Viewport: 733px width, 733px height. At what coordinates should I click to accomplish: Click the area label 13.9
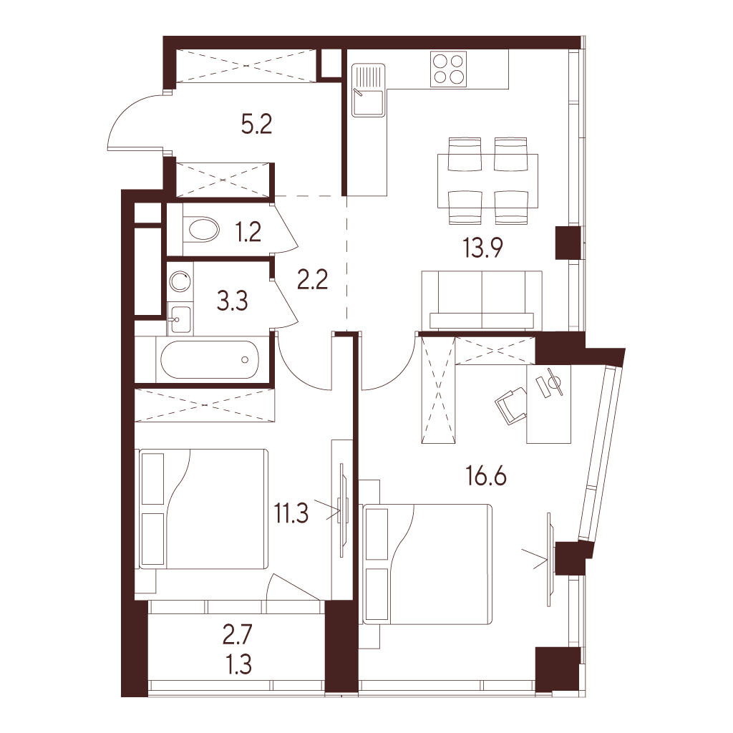click(x=482, y=248)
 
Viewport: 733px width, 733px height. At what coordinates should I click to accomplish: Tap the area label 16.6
click(x=486, y=476)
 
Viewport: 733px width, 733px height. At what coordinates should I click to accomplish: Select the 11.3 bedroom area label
click(x=291, y=513)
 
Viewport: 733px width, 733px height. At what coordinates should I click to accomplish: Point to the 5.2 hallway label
click(x=257, y=125)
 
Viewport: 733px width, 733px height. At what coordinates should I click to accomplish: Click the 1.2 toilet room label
click(x=248, y=231)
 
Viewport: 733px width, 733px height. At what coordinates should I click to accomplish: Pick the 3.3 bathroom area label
click(x=233, y=301)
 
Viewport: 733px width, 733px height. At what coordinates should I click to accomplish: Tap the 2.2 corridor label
click(x=312, y=280)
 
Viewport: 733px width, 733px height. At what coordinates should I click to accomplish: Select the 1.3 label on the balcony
click(x=239, y=664)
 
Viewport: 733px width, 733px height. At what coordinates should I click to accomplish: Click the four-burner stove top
click(x=449, y=69)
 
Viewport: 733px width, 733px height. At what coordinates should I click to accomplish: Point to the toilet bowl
click(x=201, y=229)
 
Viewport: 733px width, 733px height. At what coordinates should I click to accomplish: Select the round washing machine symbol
click(x=180, y=281)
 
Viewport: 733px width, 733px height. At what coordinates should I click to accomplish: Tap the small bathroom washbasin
click(x=180, y=319)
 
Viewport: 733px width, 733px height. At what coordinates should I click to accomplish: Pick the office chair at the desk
click(x=512, y=405)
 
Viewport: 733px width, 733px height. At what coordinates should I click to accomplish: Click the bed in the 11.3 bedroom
click(x=203, y=509)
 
